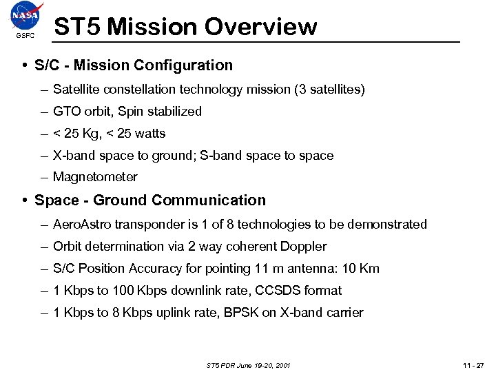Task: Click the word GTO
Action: click(x=66, y=112)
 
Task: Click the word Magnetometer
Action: click(x=95, y=177)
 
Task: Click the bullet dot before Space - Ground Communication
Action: click(x=24, y=200)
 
